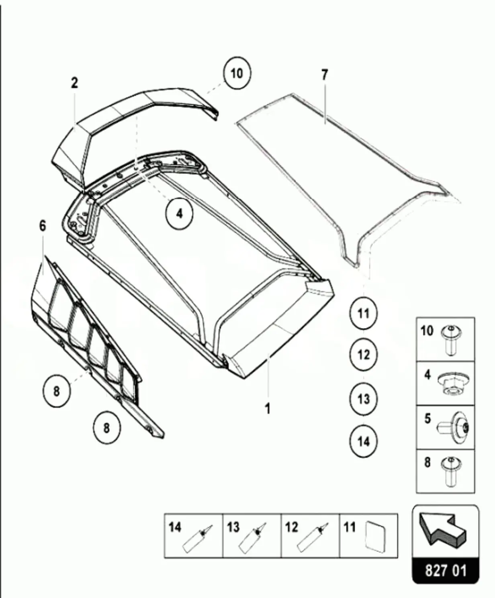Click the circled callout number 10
(237, 73)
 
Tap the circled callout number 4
(179, 213)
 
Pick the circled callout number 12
(364, 355)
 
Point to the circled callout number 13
(364, 399)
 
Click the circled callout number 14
(364, 441)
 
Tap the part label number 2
(74, 83)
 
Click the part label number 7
(325, 75)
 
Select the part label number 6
(43, 226)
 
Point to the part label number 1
(268, 409)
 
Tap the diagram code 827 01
(446, 571)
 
